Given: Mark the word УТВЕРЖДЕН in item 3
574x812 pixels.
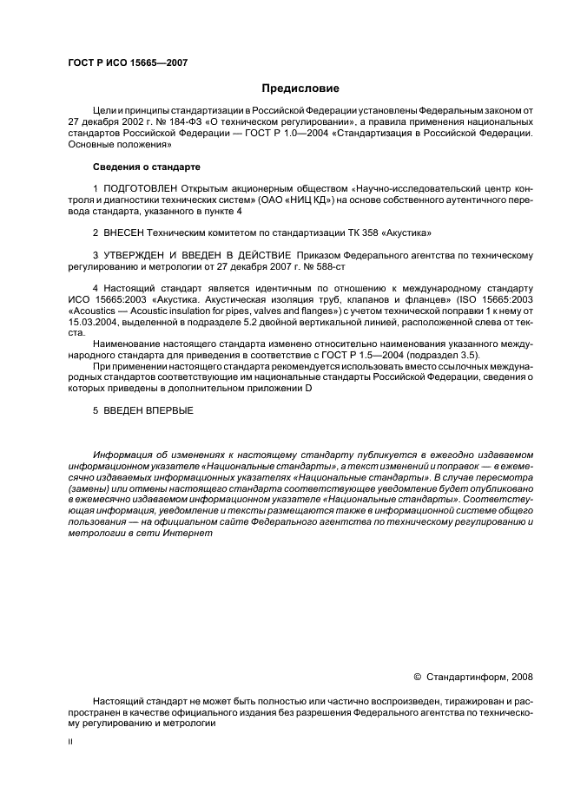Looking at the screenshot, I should [142, 255].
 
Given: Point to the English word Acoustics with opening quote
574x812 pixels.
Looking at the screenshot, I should [93, 311].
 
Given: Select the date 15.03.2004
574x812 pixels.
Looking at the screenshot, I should [90, 322].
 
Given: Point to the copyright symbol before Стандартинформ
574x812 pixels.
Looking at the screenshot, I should [416, 678].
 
